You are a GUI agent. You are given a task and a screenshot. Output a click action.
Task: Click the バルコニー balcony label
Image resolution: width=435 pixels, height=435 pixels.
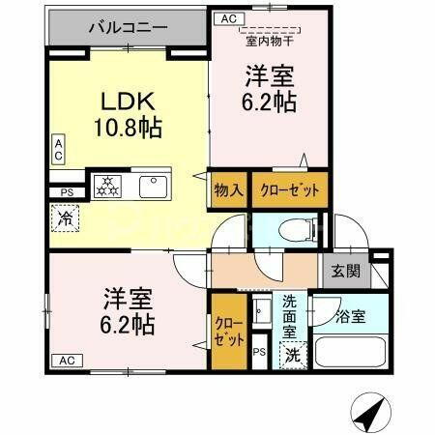(x=128, y=26)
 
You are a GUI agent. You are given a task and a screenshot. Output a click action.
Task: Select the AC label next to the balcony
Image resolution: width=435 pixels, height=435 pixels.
(x=228, y=18)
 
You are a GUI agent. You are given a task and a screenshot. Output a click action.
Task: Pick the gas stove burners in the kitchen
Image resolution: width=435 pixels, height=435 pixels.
(x=106, y=184)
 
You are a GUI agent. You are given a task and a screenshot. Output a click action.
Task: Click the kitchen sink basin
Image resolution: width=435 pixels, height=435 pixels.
(x=153, y=184)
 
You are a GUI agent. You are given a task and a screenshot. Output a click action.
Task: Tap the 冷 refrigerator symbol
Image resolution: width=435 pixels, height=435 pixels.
(x=61, y=220)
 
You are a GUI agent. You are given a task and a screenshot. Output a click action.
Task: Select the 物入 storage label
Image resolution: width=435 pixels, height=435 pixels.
(x=228, y=189)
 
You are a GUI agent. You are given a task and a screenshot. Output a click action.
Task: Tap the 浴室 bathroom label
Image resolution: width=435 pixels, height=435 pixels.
(x=352, y=316)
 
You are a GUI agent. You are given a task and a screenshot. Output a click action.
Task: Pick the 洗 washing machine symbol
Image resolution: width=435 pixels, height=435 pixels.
(x=291, y=355)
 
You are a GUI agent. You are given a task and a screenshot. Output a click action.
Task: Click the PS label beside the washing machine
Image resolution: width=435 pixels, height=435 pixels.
(x=259, y=353)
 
